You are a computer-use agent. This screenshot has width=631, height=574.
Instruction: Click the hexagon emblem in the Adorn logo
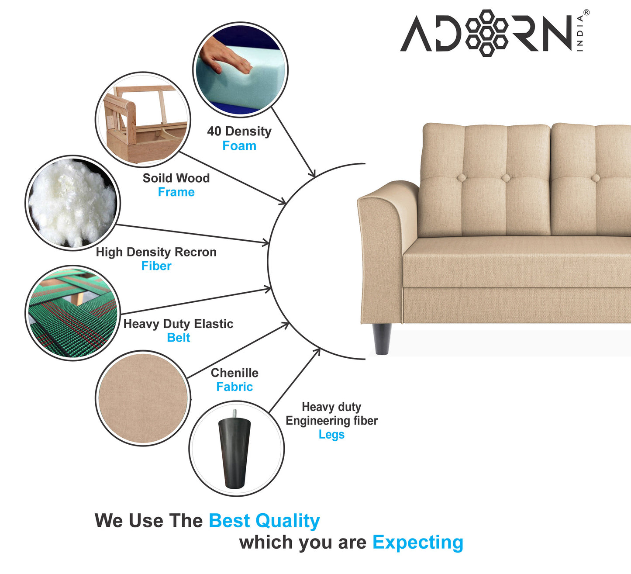click(487, 33)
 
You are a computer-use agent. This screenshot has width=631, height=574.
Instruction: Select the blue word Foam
click(239, 146)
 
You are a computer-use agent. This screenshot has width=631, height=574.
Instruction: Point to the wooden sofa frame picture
click(143, 119)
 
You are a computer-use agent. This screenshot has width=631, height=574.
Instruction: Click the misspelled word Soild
click(155, 178)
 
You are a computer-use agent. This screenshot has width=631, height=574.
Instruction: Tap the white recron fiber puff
click(72, 202)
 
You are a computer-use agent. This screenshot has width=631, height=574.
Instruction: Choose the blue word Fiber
click(156, 266)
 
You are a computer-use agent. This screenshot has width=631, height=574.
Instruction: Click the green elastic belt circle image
click(72, 313)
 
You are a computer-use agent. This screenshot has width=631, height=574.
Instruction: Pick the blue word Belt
click(179, 338)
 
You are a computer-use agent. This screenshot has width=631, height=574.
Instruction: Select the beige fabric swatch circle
click(143, 398)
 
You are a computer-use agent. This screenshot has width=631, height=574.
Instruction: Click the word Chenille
click(234, 373)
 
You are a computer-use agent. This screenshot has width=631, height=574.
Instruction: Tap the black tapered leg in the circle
click(234, 452)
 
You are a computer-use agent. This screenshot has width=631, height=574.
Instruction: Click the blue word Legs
click(331, 435)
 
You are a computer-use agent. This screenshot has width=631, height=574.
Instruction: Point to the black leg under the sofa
click(382, 339)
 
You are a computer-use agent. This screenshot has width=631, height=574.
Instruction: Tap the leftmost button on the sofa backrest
click(461, 178)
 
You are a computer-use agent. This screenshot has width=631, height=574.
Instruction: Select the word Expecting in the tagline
click(417, 543)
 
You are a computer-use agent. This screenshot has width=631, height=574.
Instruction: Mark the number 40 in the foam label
click(214, 131)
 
